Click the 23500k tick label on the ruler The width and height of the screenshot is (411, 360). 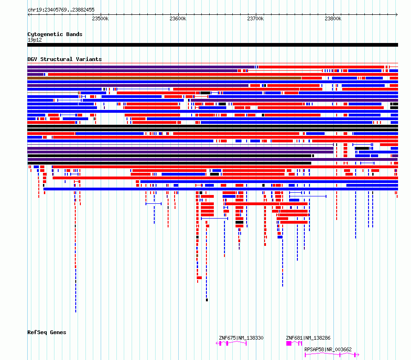tap(100, 18)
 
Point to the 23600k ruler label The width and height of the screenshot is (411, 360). tap(178, 18)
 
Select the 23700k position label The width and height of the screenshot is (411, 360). tap(255, 18)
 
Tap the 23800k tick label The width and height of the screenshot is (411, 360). tap(333, 18)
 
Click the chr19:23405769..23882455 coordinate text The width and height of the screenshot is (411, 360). tap(61, 10)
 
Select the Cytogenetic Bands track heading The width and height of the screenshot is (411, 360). tap(55, 34)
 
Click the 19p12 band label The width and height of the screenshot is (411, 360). tap(35, 40)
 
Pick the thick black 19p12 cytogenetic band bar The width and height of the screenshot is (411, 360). tap(212, 45)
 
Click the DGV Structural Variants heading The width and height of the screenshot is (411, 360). tap(65, 59)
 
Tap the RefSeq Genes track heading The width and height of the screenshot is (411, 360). tap(47, 332)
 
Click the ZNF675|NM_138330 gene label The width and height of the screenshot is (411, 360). tap(241, 338)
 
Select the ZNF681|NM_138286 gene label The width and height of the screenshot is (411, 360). tap(308, 338)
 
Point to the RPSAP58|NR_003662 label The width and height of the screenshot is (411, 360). tap(328, 349)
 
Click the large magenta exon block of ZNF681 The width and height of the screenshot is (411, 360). tap(289, 343)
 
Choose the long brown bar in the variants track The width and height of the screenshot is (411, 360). tap(164, 78)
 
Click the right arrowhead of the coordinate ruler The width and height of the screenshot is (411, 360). tap(397, 15)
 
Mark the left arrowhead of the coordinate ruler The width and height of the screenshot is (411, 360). tap(29, 15)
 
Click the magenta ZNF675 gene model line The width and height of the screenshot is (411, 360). tap(231, 342)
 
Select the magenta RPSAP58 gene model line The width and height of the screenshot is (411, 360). tap(332, 354)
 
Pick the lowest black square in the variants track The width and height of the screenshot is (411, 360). tap(207, 300)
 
